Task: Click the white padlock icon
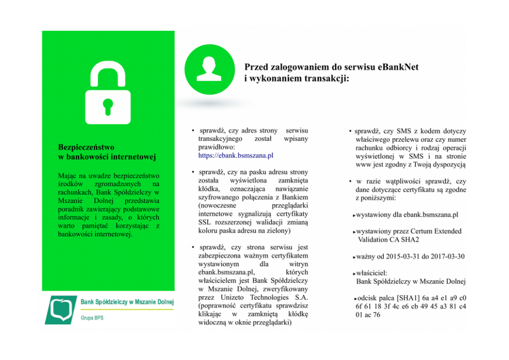pos(108,93)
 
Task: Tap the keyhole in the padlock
pos(108,106)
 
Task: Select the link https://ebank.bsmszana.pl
pos(236,155)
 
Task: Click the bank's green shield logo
pos(60,310)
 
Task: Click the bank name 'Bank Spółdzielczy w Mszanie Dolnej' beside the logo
pos(127,302)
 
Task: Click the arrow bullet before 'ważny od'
pos(354,257)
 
